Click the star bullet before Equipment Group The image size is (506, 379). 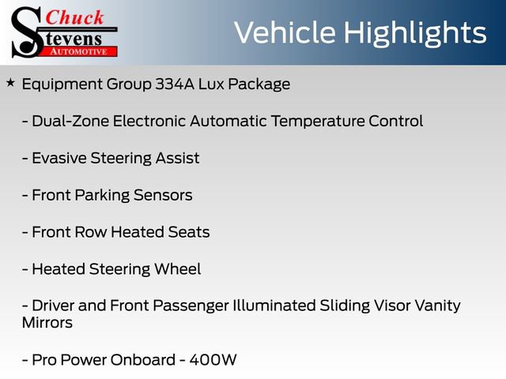[10, 83]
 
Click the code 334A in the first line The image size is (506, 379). [175, 84]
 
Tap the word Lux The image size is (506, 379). [211, 84]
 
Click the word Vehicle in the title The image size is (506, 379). [285, 32]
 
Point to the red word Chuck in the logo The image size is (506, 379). [74, 17]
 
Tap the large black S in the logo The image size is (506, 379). [26, 32]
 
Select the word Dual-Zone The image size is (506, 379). [70, 121]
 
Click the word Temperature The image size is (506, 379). [318, 121]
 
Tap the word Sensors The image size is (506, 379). [163, 195]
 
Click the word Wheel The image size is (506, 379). [177, 269]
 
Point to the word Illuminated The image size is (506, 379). [274, 306]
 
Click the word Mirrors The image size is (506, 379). [47, 323]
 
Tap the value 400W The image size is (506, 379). [213, 360]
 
